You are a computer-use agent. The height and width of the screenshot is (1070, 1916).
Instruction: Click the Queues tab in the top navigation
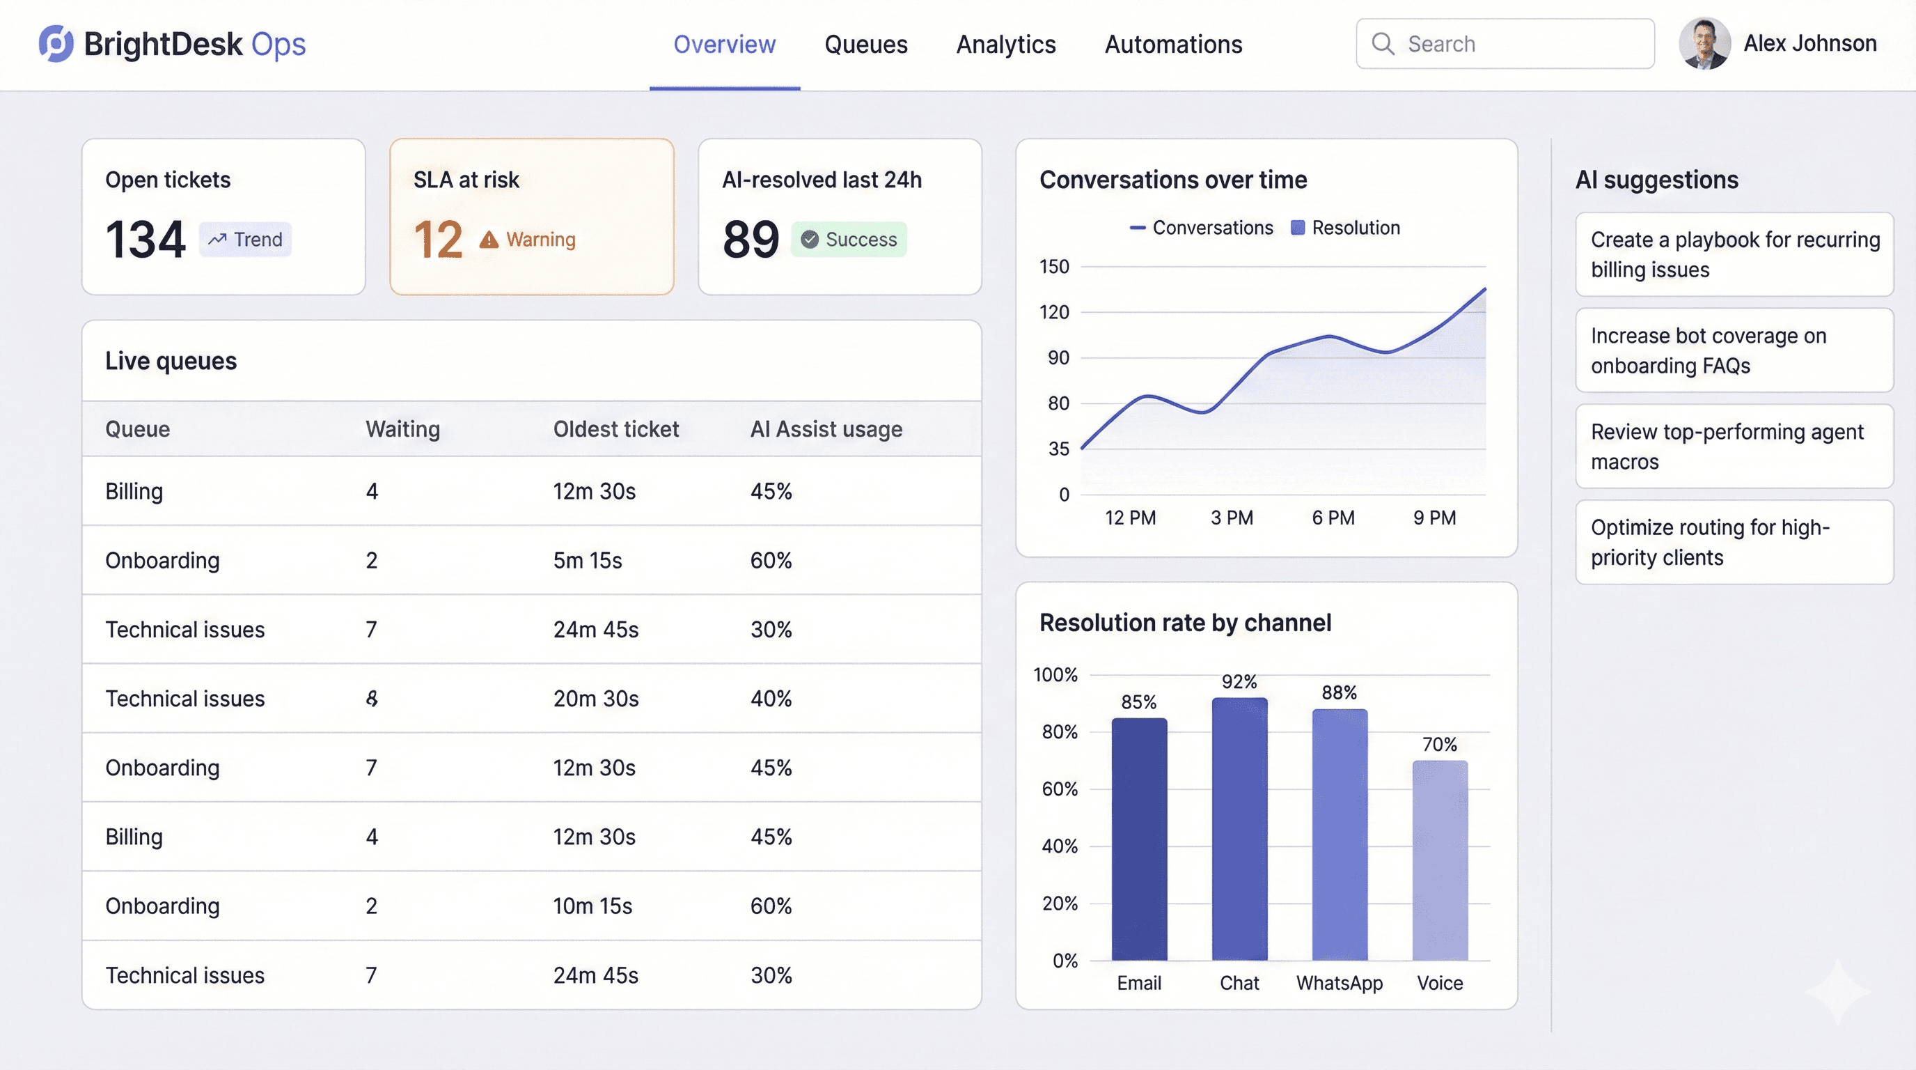(x=866, y=45)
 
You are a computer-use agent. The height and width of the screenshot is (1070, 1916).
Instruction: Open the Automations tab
(x=1173, y=45)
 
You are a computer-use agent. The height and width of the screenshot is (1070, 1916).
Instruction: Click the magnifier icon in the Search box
(x=1383, y=44)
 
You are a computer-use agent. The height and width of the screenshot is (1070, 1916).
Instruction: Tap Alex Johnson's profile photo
(x=1704, y=44)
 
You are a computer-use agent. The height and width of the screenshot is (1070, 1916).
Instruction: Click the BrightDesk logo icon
(x=56, y=44)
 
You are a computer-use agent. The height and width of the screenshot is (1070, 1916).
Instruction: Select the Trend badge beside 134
(x=246, y=240)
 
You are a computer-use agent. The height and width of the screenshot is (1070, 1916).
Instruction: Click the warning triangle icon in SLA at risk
(x=489, y=240)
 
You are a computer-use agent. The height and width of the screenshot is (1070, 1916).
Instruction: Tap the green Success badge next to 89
(x=849, y=240)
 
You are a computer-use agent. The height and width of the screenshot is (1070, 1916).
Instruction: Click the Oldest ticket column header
(x=615, y=429)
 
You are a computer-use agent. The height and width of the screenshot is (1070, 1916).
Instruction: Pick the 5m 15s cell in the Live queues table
(x=587, y=560)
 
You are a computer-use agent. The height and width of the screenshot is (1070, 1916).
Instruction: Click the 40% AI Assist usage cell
(x=771, y=699)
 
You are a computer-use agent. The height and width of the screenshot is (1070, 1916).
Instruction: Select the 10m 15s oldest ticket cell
(x=592, y=906)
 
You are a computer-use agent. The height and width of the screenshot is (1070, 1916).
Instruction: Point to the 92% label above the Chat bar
(x=1239, y=681)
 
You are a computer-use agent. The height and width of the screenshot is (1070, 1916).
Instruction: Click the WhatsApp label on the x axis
(x=1339, y=983)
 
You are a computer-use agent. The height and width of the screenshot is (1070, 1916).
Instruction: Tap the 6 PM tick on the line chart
(x=1333, y=518)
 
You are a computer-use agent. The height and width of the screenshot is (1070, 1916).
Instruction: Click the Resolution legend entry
(x=1346, y=228)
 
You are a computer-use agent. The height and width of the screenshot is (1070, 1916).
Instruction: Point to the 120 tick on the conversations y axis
(x=1054, y=313)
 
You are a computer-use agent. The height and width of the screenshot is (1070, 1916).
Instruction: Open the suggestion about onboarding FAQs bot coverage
(x=1734, y=350)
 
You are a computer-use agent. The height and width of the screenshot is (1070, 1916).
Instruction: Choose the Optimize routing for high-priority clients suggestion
(x=1734, y=543)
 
